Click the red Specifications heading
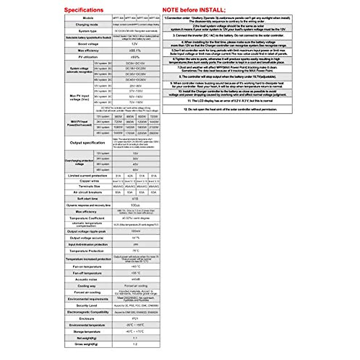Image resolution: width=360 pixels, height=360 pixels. pos(84,10)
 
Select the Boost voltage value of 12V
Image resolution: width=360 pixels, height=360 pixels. pos(136,44)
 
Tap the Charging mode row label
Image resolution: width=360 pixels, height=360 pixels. pos(87,25)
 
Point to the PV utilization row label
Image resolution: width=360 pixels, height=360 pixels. pos(88,57)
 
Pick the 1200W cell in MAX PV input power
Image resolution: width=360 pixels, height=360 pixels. pos(142,122)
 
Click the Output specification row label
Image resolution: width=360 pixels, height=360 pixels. pos(87,143)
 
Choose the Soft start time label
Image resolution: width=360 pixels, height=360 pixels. pos(88,199)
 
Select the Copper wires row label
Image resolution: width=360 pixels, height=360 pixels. pos(89,181)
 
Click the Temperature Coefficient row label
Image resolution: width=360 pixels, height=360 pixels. pos(87,218)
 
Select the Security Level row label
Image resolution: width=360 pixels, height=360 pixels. pos(87,305)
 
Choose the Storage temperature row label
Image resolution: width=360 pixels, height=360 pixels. pos(87,331)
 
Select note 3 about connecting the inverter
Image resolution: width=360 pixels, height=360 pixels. pos(228,35)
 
